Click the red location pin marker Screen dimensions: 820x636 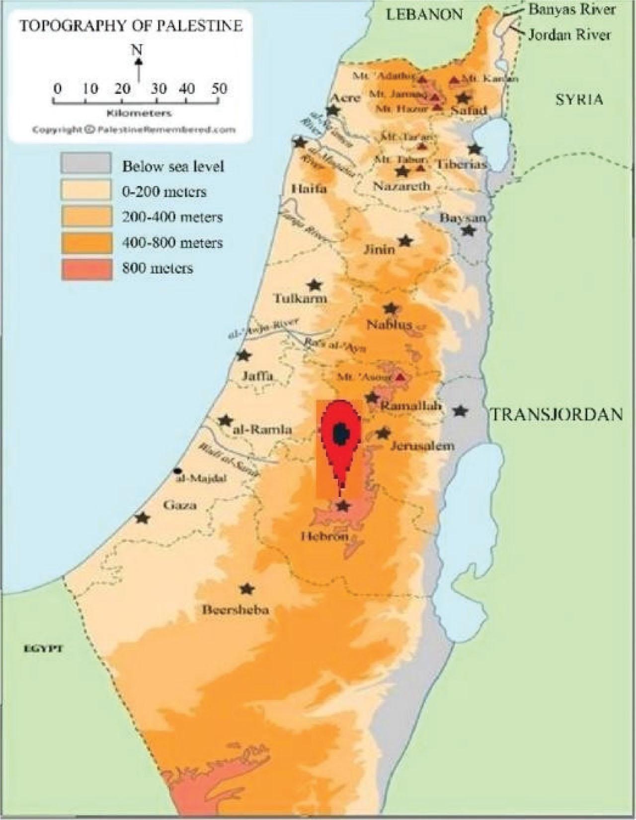pos(339,437)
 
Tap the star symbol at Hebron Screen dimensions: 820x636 pos(343,506)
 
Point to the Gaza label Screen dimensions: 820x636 pos(180,506)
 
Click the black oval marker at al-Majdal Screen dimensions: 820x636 pos(177,470)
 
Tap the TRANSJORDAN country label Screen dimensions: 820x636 pos(557,414)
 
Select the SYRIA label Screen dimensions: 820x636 pos(579,99)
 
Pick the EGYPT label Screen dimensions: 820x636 pos(44,649)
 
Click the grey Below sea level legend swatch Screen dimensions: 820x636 pos(85,163)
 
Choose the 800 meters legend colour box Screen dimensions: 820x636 pos(85,269)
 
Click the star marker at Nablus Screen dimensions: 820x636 pos(392,308)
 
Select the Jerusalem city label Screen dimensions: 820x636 pos(422,446)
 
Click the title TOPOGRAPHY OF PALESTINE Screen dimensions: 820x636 pos(131,26)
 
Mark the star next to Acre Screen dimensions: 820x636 pos(333,111)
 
